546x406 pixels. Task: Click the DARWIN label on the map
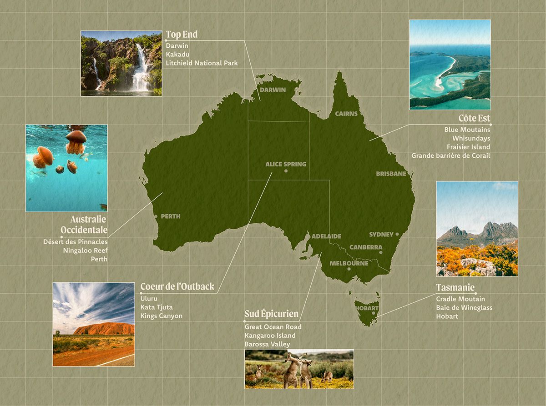point(273,90)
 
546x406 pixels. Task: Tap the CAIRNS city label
point(346,114)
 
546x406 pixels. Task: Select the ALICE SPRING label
point(286,164)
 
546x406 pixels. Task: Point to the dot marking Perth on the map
point(157,216)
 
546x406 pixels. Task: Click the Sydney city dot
point(397,235)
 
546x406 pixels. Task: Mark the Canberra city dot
point(381,252)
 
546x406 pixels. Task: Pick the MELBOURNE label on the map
point(349,263)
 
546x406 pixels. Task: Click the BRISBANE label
point(391,174)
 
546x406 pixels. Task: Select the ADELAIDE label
point(326,236)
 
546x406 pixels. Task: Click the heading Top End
point(182,35)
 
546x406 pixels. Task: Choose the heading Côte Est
point(474,118)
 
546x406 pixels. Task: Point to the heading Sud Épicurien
point(271,314)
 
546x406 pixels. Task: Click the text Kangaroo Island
point(270,336)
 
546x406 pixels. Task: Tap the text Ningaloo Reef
point(86,251)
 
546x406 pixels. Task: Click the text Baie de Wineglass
point(464,308)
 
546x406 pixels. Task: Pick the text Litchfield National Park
point(202,63)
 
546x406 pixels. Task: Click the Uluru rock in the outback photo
point(104,328)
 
